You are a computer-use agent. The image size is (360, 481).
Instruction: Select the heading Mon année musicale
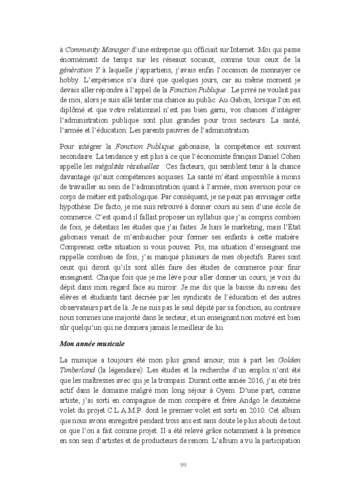tap(92, 343)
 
